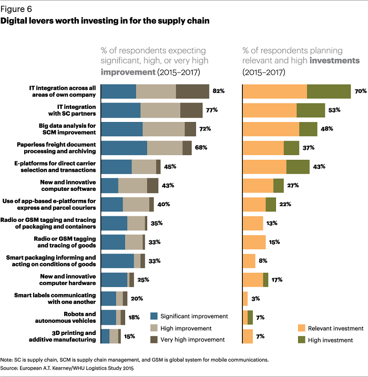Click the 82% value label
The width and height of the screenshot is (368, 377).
(x=218, y=91)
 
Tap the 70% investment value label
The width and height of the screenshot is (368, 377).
(x=360, y=91)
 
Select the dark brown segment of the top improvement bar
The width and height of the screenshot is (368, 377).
(x=192, y=91)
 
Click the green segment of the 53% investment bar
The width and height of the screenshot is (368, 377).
(x=311, y=110)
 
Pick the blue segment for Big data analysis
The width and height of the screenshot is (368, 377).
(x=121, y=129)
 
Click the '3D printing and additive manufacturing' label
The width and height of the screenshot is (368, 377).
(x=73, y=336)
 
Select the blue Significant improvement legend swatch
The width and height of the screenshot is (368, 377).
(x=154, y=316)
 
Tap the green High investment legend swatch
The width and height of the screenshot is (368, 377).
(x=301, y=340)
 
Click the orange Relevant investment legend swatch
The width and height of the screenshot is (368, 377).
(x=301, y=328)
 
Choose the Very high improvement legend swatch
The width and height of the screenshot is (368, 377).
(x=154, y=340)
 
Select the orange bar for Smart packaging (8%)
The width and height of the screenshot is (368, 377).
(x=249, y=261)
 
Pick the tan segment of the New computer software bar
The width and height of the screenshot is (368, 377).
(x=132, y=186)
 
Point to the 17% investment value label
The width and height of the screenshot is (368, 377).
(x=277, y=280)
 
